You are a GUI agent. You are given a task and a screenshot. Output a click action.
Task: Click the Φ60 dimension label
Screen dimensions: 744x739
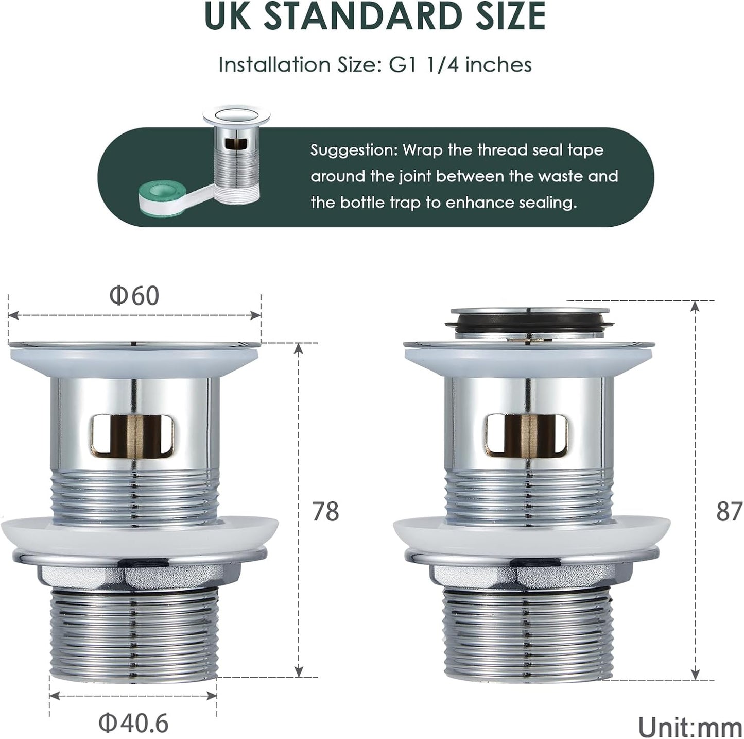(134, 296)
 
